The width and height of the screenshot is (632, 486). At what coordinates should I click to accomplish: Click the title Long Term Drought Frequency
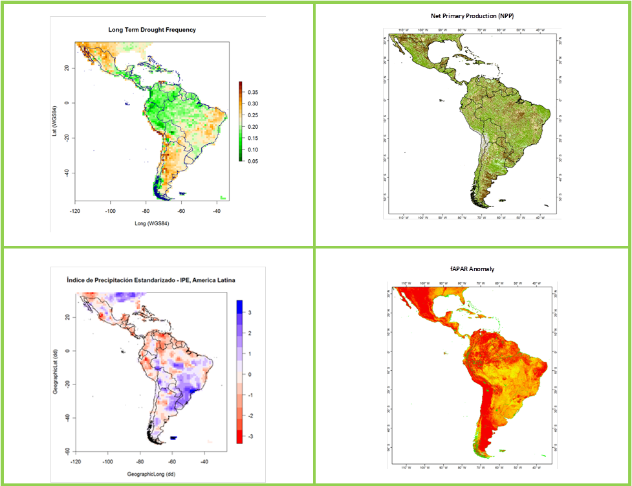[152, 30]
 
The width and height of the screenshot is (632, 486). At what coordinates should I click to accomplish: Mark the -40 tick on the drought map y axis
[68, 173]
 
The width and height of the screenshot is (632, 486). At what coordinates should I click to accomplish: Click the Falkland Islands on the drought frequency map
[182, 193]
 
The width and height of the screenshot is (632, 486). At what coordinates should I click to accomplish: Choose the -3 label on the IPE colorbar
[251, 437]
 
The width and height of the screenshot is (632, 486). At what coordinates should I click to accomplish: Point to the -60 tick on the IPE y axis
[68, 451]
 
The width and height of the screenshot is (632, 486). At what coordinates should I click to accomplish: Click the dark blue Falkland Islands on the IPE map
[174, 438]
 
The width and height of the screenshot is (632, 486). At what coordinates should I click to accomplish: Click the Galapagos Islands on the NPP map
[441, 100]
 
